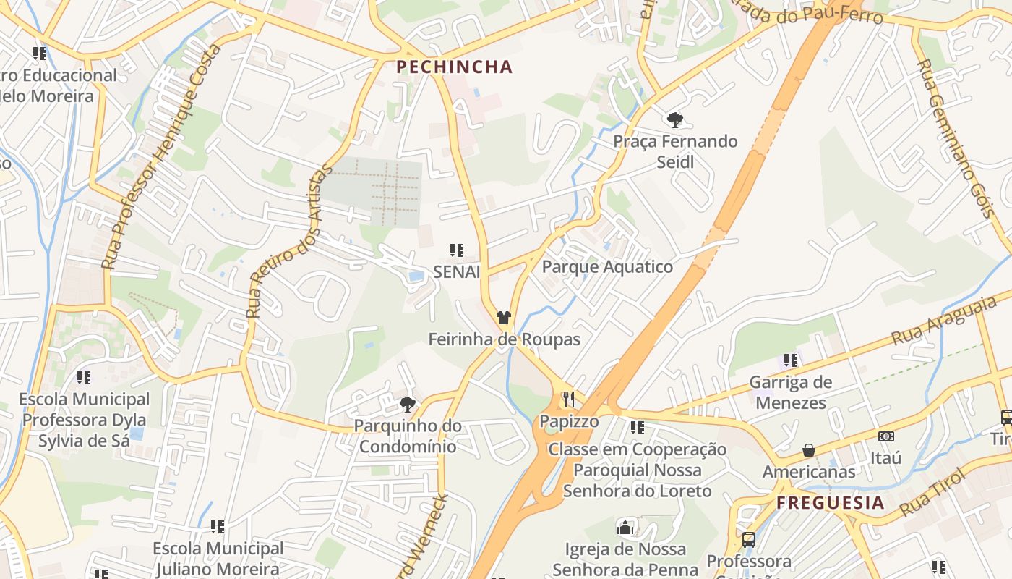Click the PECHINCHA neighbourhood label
click(454, 67)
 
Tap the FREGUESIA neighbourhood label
click(831, 503)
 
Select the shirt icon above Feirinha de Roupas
click(504, 317)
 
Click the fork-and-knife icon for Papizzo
click(569, 399)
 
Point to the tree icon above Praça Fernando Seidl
click(675, 119)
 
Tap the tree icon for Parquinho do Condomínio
click(408, 404)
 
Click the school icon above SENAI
click(456, 250)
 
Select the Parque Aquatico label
click(607, 266)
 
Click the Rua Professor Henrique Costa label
click(161, 156)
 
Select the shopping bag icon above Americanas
click(809, 450)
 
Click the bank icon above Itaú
click(885, 436)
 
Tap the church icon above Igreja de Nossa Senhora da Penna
click(625, 528)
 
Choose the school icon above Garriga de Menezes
click(791, 360)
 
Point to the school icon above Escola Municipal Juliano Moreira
click(218, 527)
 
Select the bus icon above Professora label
click(749, 539)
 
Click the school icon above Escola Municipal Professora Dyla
click(84, 377)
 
